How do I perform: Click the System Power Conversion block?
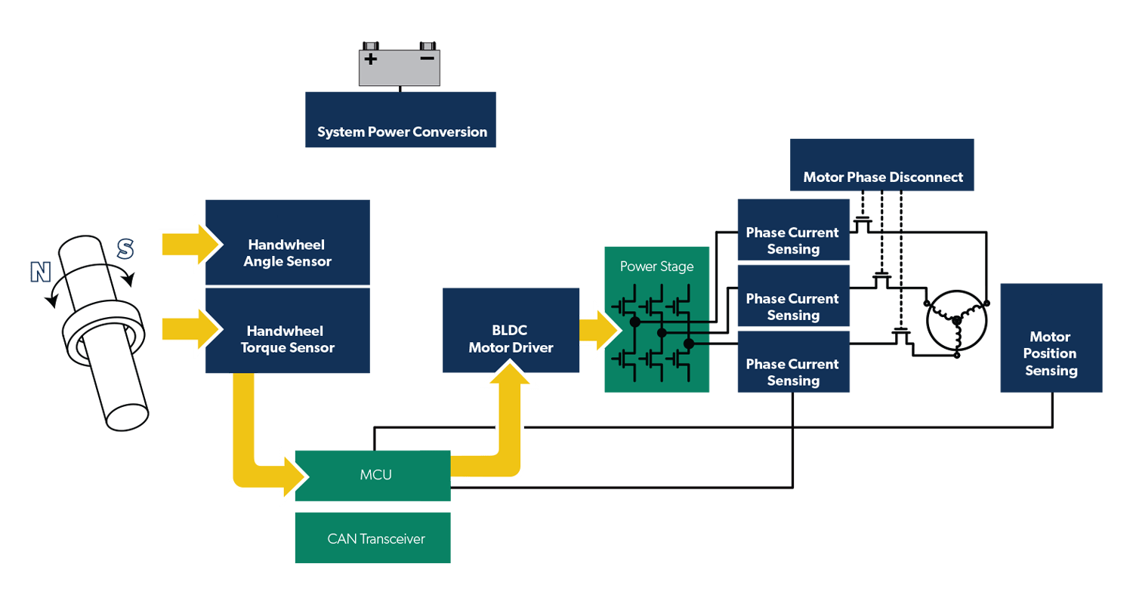point(400,120)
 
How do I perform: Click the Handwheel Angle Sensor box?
point(287,243)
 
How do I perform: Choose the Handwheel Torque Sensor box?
point(287,331)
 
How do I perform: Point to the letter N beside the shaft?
point(40,273)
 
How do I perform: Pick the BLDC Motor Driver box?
point(511,331)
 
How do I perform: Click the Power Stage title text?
point(656,267)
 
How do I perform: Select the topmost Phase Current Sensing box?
point(793,230)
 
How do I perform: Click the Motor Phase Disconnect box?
point(882,165)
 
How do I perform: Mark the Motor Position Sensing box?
point(1051,338)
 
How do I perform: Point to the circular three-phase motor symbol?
point(957,321)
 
